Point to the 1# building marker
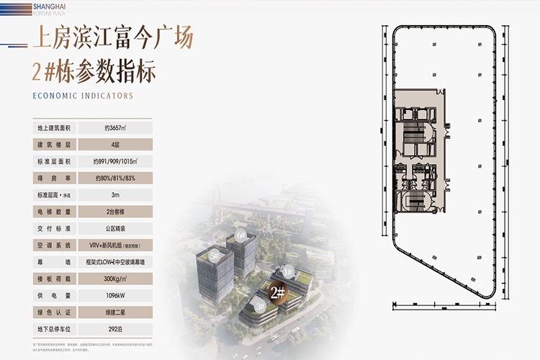click(287, 271)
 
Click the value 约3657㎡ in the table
click(115, 127)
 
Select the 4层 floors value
click(115, 144)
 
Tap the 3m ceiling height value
click(115, 194)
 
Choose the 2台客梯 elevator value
click(115, 212)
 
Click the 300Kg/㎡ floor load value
click(115, 279)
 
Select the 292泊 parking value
click(115, 329)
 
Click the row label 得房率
click(56, 178)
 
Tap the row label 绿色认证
click(56, 312)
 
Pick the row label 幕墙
click(56, 262)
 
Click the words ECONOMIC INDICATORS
click(83, 96)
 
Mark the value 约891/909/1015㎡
click(115, 161)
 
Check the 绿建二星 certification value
click(115, 312)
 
